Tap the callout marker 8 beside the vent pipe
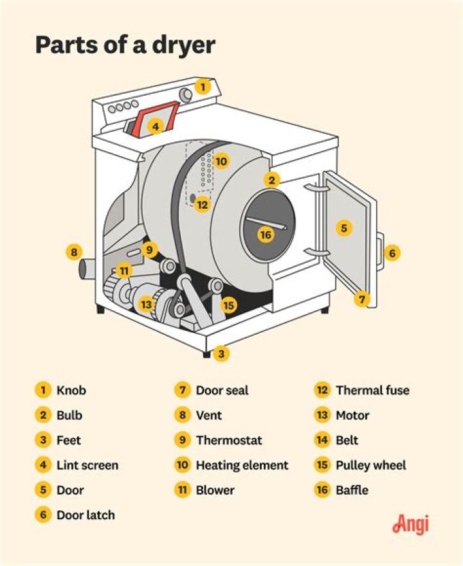coord(75,252)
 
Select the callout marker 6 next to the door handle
coord(392,252)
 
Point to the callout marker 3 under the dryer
coord(221,353)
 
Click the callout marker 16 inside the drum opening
coord(266,235)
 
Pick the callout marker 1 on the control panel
coord(203,86)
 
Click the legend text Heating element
coord(242,465)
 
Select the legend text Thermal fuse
coord(372,390)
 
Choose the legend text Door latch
coord(86,515)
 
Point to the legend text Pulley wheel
coord(371,465)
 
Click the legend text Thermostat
coord(229,440)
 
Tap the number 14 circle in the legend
coord(322,440)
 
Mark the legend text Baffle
coord(352,490)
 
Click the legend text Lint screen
coord(87,465)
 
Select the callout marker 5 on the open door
coord(344,228)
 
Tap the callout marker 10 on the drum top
coord(221,161)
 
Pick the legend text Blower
coord(215,490)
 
